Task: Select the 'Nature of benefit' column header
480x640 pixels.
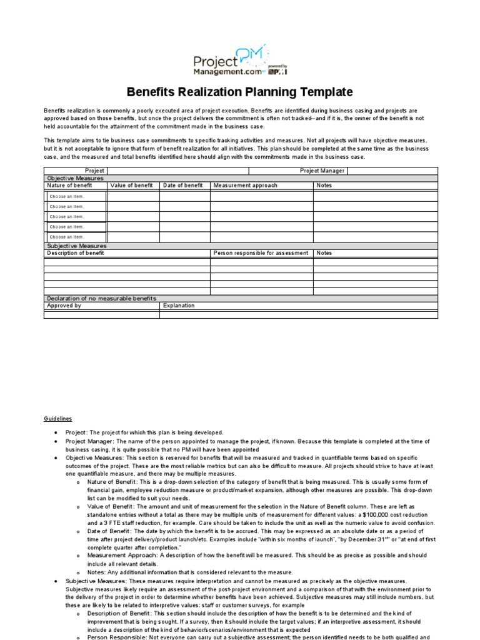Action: (x=69, y=186)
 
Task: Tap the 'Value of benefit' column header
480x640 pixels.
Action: (x=131, y=186)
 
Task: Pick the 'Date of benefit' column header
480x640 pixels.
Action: (x=182, y=186)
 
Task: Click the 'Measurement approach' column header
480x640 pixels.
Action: (x=245, y=186)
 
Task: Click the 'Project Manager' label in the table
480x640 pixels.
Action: (x=322, y=171)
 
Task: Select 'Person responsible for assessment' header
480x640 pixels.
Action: (x=261, y=253)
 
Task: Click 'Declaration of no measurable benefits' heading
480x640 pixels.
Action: (x=102, y=298)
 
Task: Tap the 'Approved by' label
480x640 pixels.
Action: (x=64, y=306)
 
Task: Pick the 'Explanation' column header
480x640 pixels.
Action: (x=179, y=306)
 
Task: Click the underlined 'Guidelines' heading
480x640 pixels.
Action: (x=57, y=419)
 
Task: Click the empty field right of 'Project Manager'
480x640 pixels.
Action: (x=392, y=171)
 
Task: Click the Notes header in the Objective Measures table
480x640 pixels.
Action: (x=324, y=186)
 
